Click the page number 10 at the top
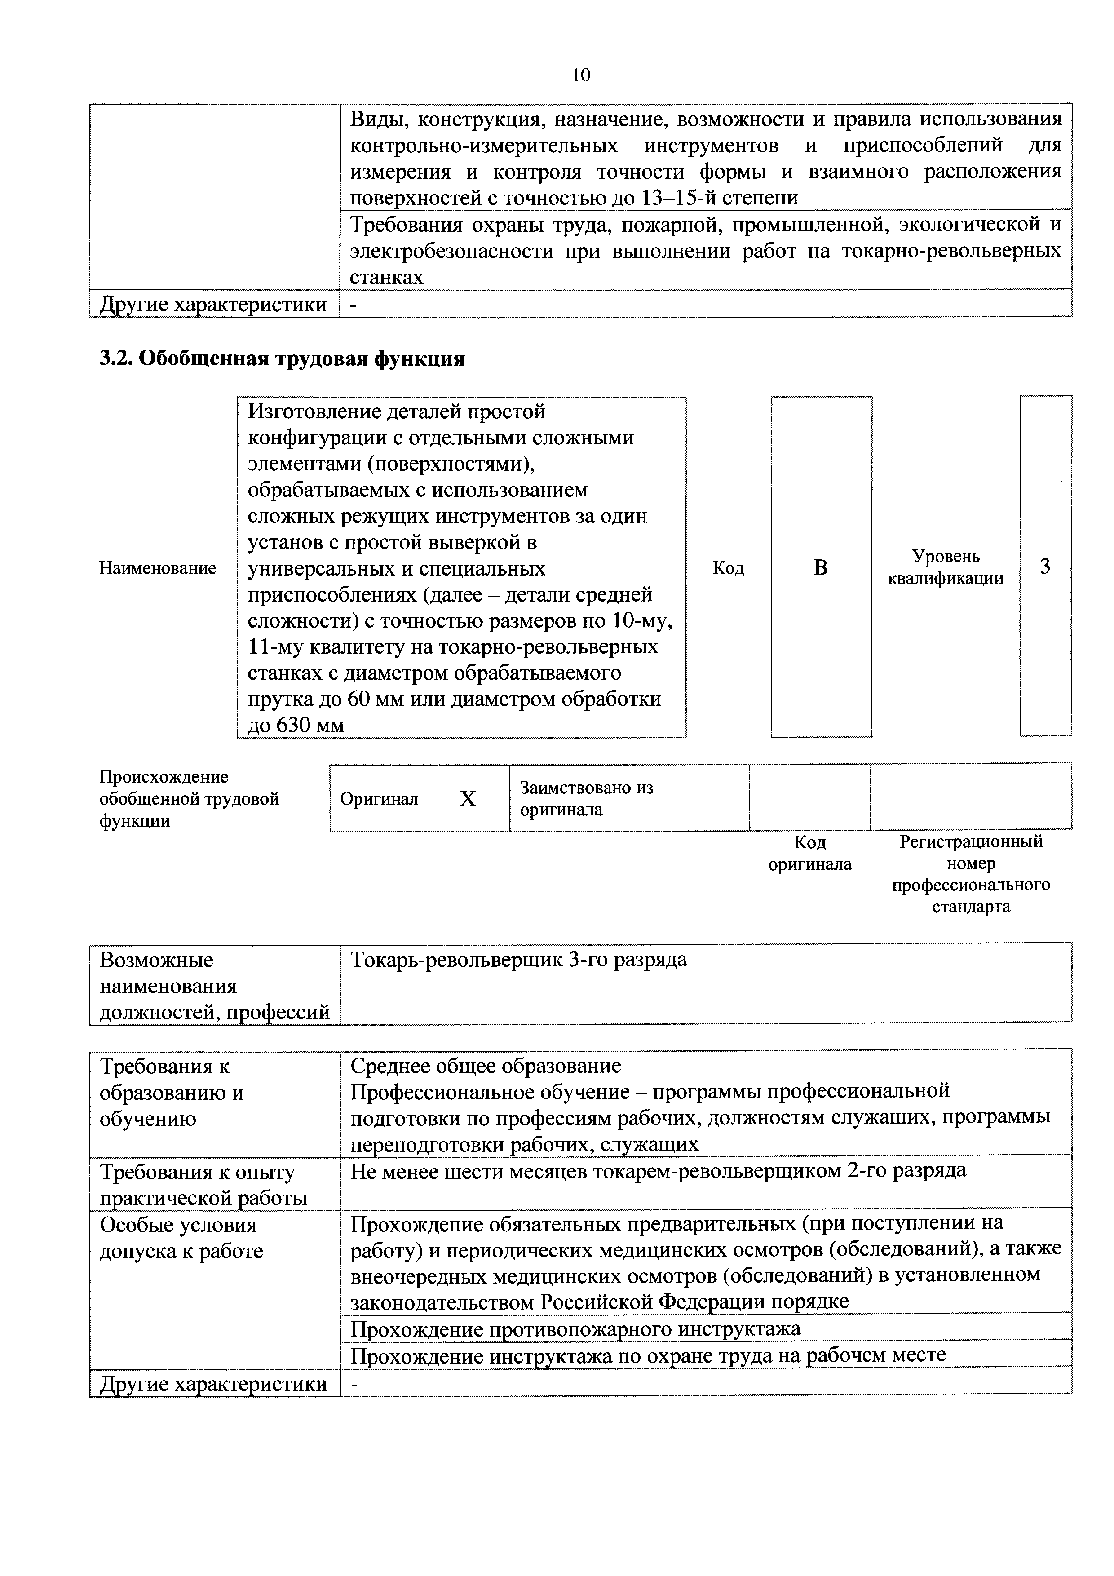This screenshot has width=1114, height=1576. tap(581, 75)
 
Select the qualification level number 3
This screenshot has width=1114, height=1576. tap(1045, 567)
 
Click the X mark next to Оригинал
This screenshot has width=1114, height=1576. tap(468, 798)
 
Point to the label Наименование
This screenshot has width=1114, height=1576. tap(158, 568)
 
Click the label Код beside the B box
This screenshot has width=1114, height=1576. tap(728, 568)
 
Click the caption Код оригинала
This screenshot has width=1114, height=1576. tap(809, 853)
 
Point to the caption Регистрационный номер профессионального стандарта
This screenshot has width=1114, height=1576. tap(971, 874)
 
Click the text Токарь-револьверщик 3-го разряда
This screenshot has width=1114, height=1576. tap(518, 960)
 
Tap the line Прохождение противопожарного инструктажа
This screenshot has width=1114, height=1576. tap(575, 1329)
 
